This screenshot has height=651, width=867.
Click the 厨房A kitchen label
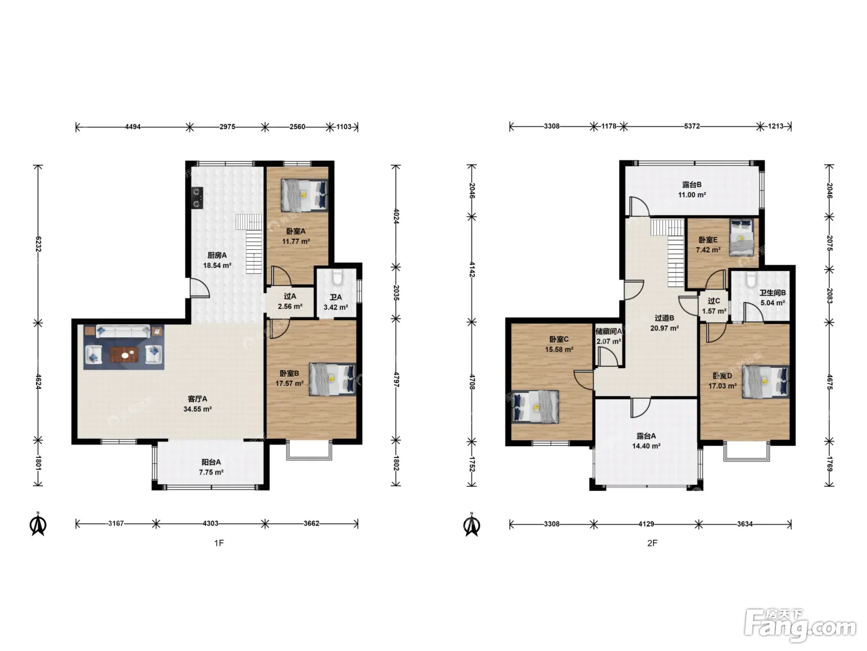click(x=217, y=255)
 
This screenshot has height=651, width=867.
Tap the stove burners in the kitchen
click(x=197, y=198)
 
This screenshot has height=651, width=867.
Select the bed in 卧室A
click(x=304, y=196)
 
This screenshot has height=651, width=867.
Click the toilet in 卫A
click(x=336, y=278)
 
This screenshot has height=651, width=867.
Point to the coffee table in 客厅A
click(x=124, y=355)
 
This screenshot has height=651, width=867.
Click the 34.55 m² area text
click(x=197, y=409)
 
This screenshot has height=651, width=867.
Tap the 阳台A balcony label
click(x=211, y=462)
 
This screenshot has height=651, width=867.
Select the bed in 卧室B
click(x=332, y=379)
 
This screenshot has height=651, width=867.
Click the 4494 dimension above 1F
click(x=133, y=127)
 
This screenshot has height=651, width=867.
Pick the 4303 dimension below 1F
click(x=210, y=523)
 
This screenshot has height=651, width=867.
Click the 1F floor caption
click(x=219, y=543)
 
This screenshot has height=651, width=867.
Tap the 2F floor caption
click(x=652, y=543)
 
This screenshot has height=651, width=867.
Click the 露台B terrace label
click(x=692, y=185)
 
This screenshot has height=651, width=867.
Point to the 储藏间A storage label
click(x=608, y=331)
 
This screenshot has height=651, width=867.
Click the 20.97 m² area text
click(x=664, y=328)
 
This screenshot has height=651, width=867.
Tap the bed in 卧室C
click(x=535, y=407)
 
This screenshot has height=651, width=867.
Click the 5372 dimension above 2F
click(x=692, y=126)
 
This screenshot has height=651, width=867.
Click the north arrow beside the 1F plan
click(x=38, y=524)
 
